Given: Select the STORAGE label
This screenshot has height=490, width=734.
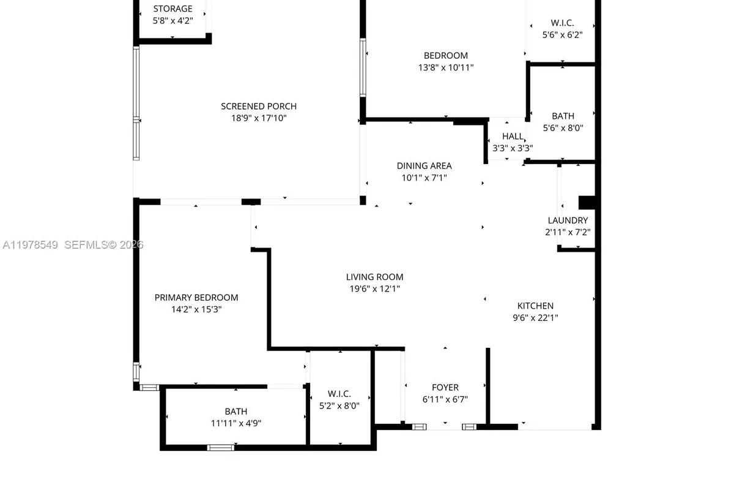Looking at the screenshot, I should point(172,9).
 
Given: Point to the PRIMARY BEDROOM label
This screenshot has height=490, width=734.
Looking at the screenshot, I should point(196,298).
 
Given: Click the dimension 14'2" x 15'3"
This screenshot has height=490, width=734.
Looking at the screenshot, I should point(196,309).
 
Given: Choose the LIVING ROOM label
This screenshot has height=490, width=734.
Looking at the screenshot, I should point(374,277).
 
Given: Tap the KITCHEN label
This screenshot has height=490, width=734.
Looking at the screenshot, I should point(535,306).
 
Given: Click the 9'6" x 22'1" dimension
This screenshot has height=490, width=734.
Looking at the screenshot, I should point(535,317).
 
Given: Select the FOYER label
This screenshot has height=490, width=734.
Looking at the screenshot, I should point(445,387).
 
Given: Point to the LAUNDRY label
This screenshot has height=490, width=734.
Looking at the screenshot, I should point(568,221).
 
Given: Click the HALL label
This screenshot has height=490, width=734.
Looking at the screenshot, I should point(513,136).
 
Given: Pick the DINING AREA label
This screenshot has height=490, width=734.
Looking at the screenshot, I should point(424,166).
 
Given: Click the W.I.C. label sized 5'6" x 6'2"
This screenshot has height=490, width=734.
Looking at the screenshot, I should point(562,23).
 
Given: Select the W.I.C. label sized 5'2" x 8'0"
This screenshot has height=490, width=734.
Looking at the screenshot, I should point(339,393).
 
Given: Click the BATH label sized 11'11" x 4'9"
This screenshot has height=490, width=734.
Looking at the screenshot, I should point(235,412).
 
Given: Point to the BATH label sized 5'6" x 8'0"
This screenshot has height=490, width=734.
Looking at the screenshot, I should point(563,116).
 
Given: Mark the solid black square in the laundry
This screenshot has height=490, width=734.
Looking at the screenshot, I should point(587,203).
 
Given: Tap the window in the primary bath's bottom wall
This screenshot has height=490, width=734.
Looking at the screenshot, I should point(221,448).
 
